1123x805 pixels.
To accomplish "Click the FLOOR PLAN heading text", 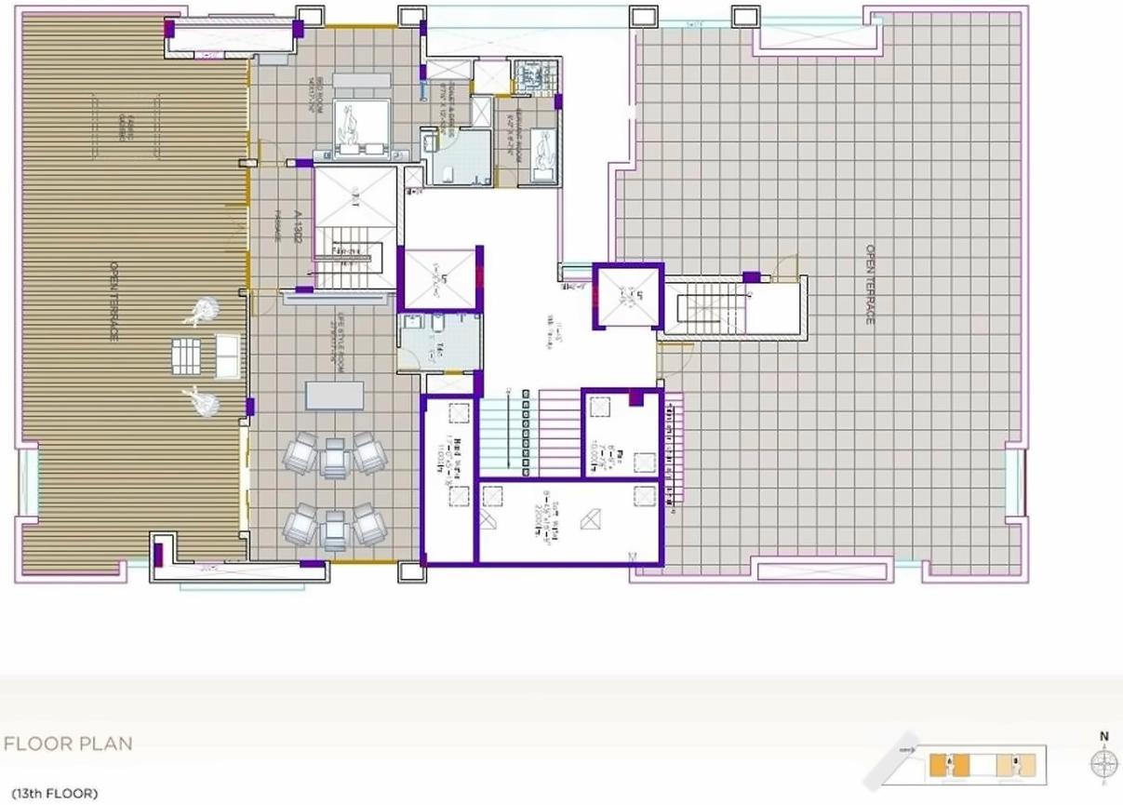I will click(x=68, y=744).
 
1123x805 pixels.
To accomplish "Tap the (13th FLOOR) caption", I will click(x=55, y=794).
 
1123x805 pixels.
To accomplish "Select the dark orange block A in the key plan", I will click(x=937, y=766).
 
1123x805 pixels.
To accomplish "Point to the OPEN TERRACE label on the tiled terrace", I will click(x=870, y=284).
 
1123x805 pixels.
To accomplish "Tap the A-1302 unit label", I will click(x=297, y=225).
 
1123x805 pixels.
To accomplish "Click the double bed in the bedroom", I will click(x=353, y=127).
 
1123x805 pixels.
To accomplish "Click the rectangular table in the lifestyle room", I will click(x=334, y=396).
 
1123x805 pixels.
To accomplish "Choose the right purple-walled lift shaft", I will click(x=627, y=297).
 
